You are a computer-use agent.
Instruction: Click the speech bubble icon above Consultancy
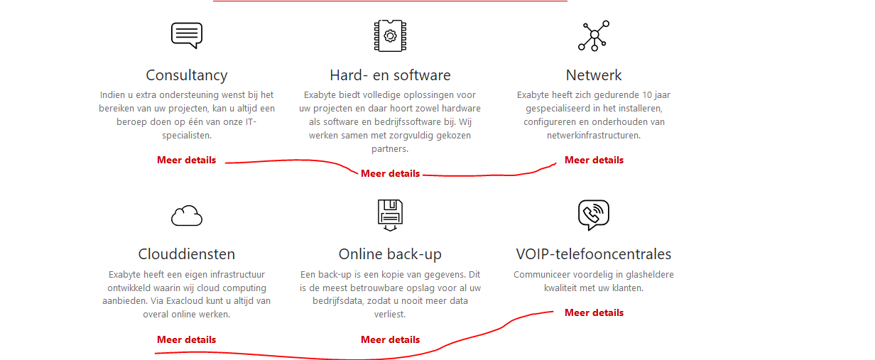point(187,35)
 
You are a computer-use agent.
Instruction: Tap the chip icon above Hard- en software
point(390,36)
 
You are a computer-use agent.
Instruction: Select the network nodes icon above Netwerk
point(594,36)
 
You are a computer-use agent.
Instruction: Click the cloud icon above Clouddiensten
point(187,216)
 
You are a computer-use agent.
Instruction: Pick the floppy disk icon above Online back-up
point(390,215)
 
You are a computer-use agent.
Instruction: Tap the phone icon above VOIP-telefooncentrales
point(594,215)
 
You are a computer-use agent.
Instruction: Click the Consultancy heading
point(187,75)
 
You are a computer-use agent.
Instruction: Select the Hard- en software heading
point(390,75)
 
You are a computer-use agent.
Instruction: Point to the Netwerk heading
point(594,75)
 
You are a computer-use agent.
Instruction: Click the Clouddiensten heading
point(187,253)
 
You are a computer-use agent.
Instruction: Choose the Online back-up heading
point(390,253)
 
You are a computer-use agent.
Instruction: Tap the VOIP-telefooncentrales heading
point(594,253)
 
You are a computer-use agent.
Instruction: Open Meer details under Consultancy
point(186,160)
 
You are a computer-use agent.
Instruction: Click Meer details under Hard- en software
point(390,173)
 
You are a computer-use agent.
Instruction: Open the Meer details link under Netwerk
point(594,160)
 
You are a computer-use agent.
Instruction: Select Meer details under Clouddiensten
point(186,339)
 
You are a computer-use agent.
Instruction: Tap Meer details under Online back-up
point(390,339)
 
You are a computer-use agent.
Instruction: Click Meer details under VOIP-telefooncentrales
point(594,312)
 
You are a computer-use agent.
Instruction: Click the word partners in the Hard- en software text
point(390,149)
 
